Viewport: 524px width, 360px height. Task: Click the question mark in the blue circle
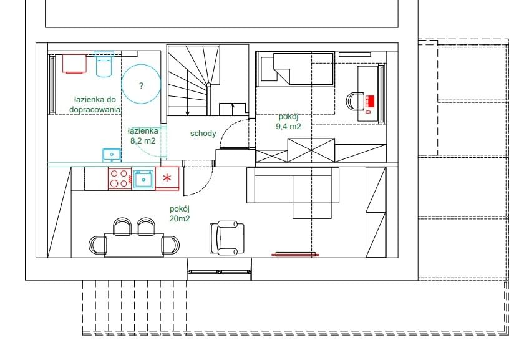pos(141,85)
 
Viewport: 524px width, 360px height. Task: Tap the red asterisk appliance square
pos(167,178)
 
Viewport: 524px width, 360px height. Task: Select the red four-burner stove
pos(120,178)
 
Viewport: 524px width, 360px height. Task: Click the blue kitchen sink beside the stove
pos(143,179)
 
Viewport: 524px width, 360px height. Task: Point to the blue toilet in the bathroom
pos(104,64)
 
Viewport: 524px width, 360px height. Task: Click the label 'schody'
pos(203,134)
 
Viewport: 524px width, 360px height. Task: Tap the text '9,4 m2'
pos(288,127)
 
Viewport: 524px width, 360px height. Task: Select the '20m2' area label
pos(180,218)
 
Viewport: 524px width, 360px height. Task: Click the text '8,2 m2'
pos(143,141)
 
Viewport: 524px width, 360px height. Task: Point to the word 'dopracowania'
pos(95,109)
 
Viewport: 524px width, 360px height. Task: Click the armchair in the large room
pos(227,238)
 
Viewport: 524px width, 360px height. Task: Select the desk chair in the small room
pos(355,101)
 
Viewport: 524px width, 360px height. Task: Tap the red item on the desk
pos(369,100)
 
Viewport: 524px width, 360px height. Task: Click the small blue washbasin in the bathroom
pos(112,155)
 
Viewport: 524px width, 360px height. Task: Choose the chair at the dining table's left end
pos(97,245)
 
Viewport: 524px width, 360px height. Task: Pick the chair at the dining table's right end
pos(171,245)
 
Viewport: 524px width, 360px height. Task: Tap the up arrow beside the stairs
pos(233,109)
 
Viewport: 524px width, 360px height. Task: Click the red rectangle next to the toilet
pos(74,64)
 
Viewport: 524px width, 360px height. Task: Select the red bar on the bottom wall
pos(296,255)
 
